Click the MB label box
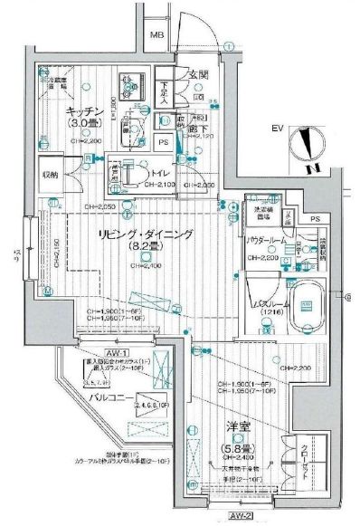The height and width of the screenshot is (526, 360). pos(156,36)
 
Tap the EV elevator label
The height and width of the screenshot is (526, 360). pos(278,129)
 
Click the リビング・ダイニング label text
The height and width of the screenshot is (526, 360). pos(147,234)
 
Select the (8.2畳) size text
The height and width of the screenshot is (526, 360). pos(147,246)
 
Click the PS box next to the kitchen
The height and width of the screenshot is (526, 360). pos(164,142)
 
